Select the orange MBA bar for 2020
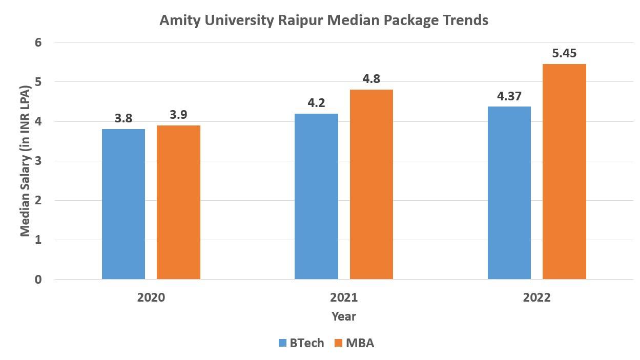coord(178,202)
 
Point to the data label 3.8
coord(123,118)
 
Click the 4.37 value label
coord(509,96)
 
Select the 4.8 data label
coord(371,79)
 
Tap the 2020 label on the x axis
coord(151,298)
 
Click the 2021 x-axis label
coord(343,298)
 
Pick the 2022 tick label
coord(536,298)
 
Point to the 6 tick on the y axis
coord(38,43)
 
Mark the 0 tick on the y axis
coord(38,280)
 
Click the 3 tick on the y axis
coord(38,161)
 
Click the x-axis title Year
coord(343,316)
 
